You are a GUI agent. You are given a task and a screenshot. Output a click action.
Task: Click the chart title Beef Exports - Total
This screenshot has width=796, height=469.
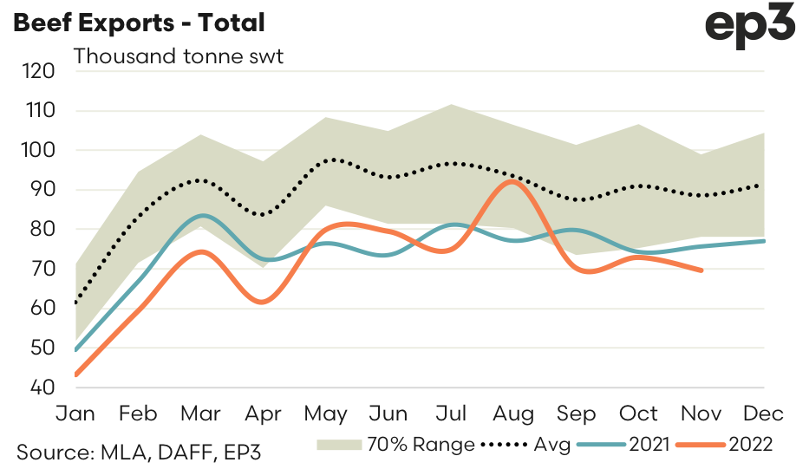139,23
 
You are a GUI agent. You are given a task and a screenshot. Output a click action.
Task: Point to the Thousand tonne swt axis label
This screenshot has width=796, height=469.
179,57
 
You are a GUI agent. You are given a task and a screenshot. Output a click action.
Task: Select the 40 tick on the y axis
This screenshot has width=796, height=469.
39,387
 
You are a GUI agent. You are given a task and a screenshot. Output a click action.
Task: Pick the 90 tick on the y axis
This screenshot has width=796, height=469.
39,190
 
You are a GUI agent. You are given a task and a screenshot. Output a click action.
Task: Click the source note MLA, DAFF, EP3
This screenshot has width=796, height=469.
140,452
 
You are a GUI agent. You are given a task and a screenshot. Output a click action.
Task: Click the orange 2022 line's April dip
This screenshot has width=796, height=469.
263,301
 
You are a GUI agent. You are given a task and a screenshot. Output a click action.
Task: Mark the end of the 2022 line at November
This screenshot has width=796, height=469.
701,270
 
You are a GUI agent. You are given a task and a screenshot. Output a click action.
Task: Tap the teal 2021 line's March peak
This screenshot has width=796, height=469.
201,215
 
